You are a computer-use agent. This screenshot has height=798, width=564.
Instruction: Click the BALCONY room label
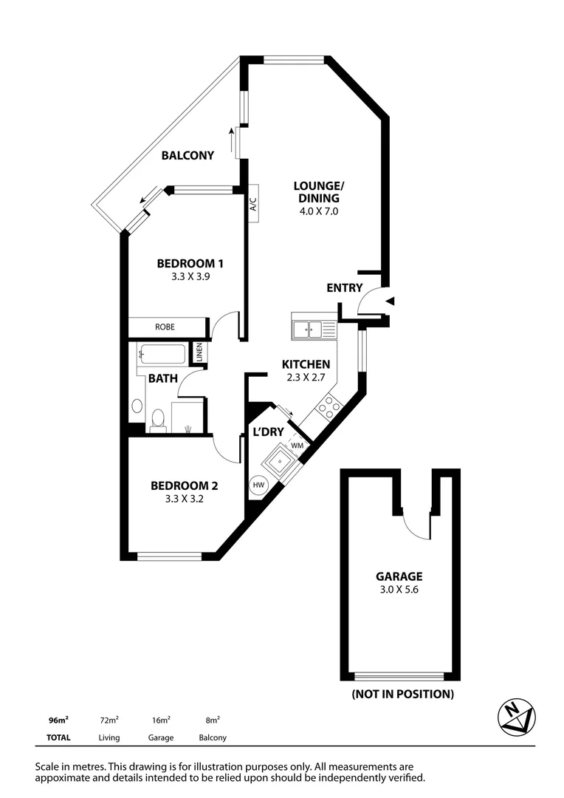coord(188,155)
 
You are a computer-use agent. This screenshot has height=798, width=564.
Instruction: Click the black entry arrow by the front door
coord(391,301)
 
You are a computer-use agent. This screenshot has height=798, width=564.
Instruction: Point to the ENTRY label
coord(345,288)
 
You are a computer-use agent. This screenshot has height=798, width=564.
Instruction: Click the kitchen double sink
coord(314,327)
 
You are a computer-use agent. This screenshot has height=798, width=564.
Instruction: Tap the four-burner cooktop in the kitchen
coord(329,406)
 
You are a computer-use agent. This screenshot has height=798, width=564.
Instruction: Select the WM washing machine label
coord(298,446)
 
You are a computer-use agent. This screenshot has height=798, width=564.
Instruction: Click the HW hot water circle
coord(258,485)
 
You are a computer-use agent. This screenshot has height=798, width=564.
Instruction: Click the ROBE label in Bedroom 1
coord(165,327)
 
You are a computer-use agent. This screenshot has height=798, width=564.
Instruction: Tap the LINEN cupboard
coord(199,353)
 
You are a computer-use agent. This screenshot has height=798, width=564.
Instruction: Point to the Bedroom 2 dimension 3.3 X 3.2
coord(184,499)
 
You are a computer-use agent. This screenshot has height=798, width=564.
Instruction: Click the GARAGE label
coord(399,576)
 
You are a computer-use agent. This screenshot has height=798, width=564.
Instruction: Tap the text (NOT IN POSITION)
coord(402,694)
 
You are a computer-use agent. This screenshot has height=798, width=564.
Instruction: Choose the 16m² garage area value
coord(160,720)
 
